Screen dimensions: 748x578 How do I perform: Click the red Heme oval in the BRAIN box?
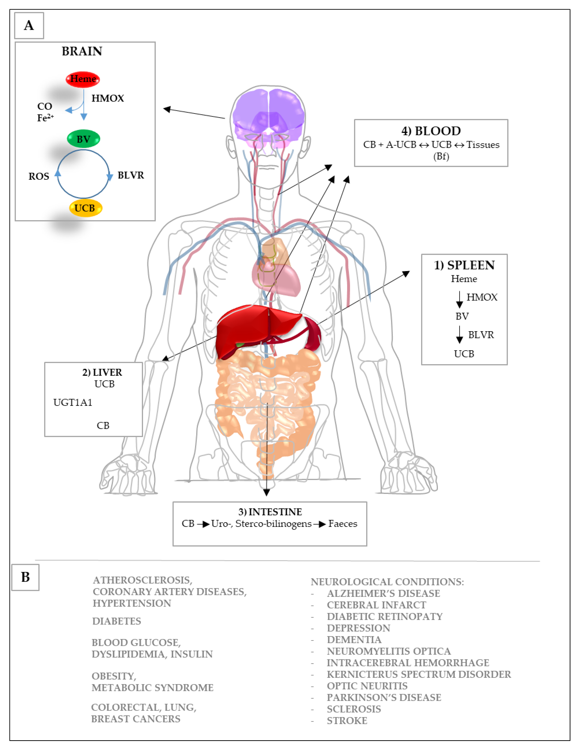(83, 79)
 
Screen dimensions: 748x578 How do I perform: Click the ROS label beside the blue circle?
(39, 176)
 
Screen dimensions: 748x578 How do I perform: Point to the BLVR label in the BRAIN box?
(131, 175)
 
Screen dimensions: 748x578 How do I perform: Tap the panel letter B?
(25, 577)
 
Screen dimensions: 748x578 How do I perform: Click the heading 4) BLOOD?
(431, 131)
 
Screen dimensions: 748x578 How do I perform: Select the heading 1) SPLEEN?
(464, 265)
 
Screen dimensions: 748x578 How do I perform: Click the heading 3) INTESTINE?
(270, 512)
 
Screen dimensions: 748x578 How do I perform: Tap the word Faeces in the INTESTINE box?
(342, 524)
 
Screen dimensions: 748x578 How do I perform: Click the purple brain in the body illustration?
(268, 113)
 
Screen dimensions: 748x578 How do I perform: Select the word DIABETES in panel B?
(116, 621)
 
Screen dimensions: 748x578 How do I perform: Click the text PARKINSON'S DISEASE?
(384, 697)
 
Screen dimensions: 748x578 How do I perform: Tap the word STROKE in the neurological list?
(347, 721)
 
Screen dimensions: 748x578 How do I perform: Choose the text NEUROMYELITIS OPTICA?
(389, 651)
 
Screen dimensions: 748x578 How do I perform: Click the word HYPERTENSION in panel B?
(132, 603)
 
